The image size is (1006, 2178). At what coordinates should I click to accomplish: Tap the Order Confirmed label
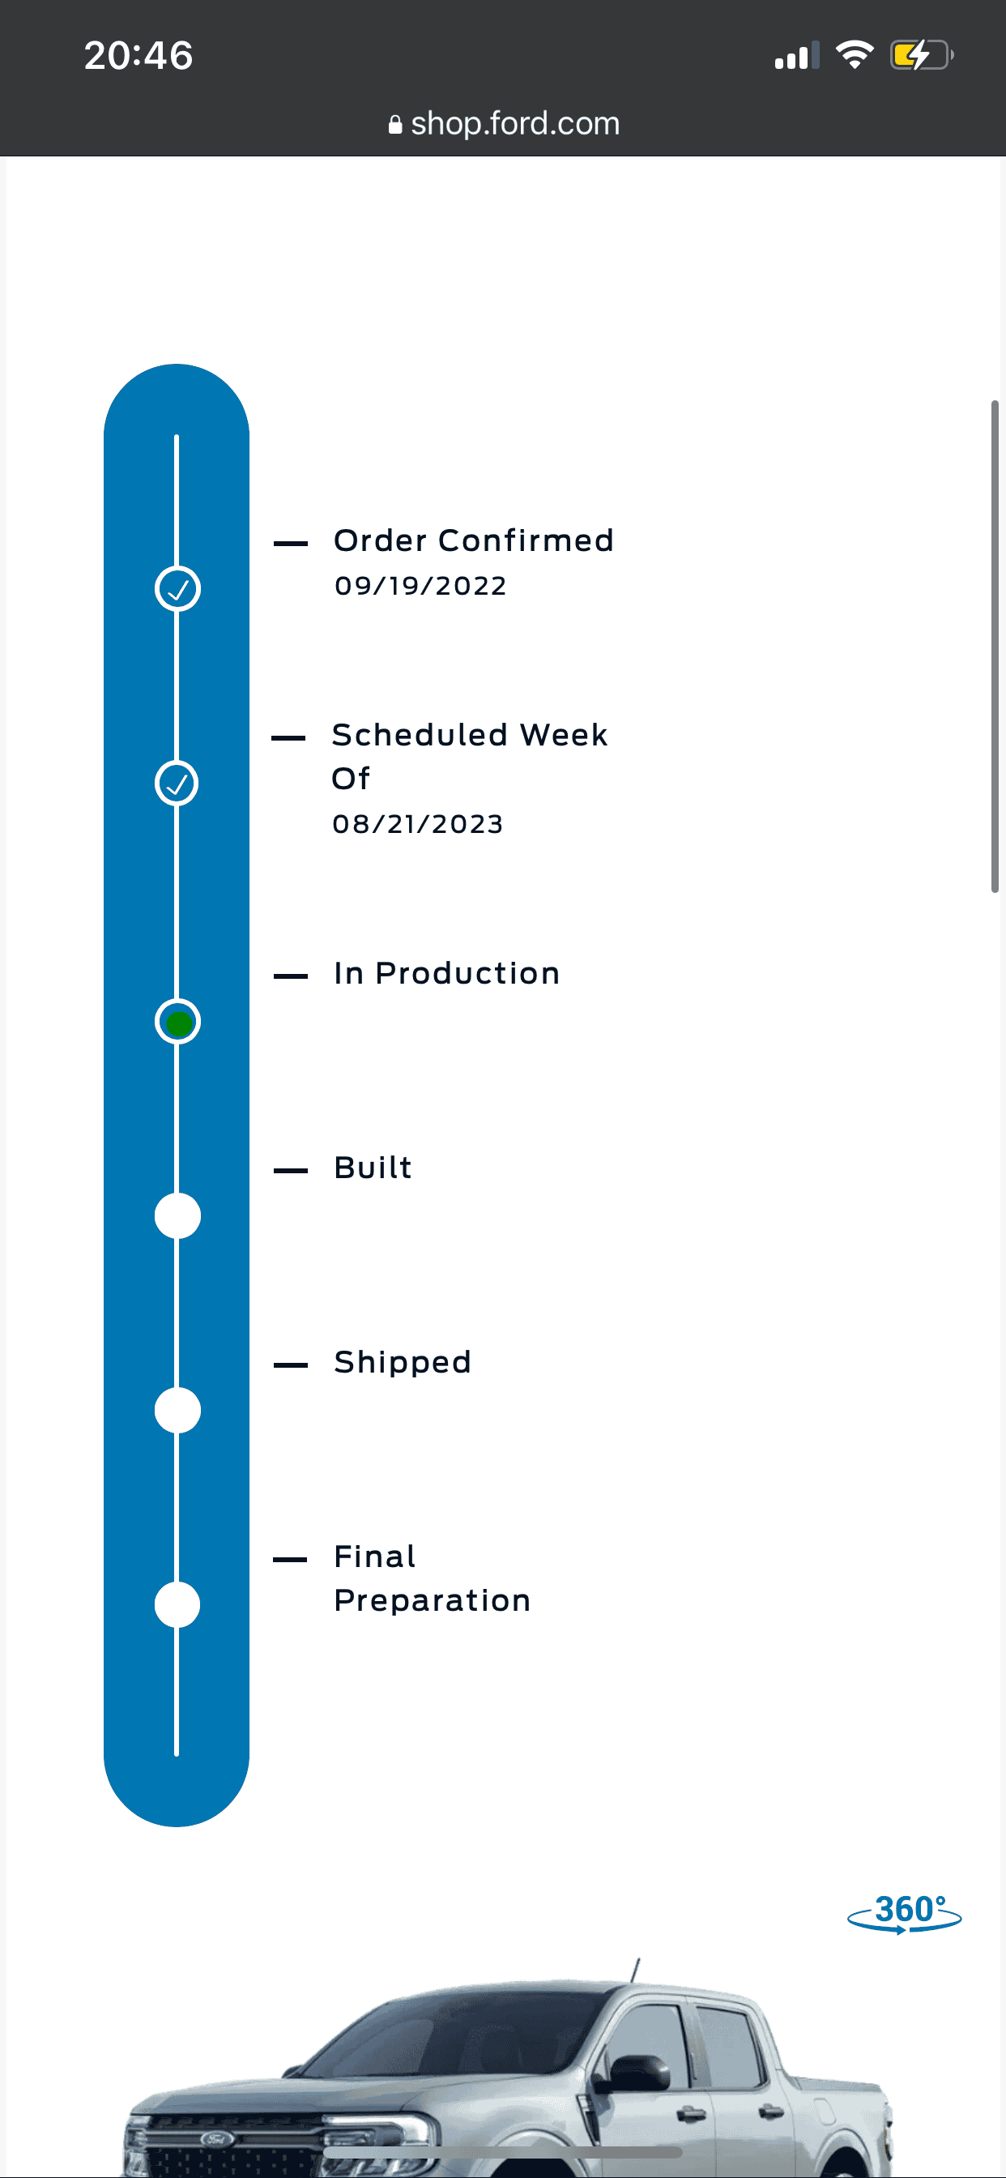(473, 540)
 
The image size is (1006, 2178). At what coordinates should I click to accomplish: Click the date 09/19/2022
(420, 585)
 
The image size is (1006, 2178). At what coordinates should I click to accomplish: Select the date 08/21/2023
(418, 823)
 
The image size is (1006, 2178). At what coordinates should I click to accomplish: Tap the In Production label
(446, 973)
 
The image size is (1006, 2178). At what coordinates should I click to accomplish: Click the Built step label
(373, 1168)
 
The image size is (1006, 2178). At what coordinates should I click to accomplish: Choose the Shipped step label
(403, 1362)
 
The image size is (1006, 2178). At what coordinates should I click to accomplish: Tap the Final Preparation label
(432, 1578)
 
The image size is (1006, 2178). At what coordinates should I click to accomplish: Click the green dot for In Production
(177, 1023)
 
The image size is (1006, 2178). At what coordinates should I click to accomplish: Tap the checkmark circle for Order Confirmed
(177, 588)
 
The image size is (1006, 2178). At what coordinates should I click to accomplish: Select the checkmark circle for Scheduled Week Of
(177, 784)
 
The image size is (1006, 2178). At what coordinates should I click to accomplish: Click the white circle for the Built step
(177, 1216)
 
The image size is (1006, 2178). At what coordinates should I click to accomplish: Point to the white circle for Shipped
(177, 1411)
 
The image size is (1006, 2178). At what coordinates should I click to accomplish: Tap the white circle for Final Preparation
(177, 1605)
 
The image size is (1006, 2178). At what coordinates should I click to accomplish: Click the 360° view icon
(905, 1913)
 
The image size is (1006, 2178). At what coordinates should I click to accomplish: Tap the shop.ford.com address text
(515, 123)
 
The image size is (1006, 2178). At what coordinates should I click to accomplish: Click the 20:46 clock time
(139, 56)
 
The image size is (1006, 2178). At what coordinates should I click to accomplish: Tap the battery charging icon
(922, 56)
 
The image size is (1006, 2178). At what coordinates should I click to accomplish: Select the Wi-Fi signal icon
(854, 55)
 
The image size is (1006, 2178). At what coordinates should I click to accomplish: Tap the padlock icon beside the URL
(394, 124)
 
